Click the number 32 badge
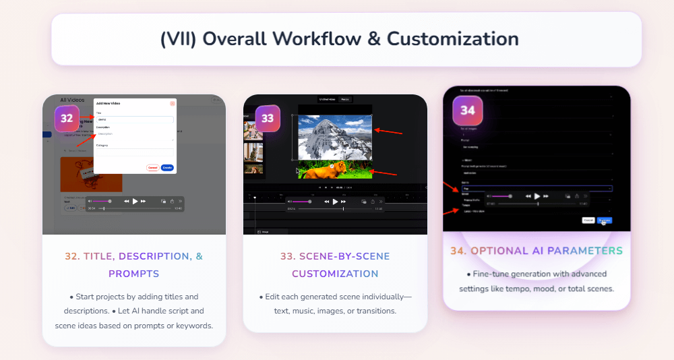pyautogui.click(x=67, y=119)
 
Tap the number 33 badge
pyautogui.click(x=268, y=118)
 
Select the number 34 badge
pyautogui.click(x=468, y=110)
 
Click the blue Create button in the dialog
pyautogui.click(x=167, y=167)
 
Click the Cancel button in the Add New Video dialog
pyautogui.click(x=152, y=167)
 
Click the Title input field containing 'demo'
pyautogui.click(x=135, y=119)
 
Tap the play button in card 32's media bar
pyautogui.click(x=135, y=201)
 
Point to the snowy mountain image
pyautogui.click(x=335, y=137)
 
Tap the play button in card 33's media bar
pyautogui.click(x=335, y=201)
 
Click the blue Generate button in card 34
pyautogui.click(x=605, y=220)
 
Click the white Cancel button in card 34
pyautogui.click(x=588, y=220)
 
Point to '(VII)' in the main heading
pyautogui.click(x=179, y=38)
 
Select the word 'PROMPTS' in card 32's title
pyautogui.click(x=134, y=274)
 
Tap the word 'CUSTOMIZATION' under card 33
pyautogui.click(x=335, y=274)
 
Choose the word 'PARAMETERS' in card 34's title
pyautogui.click(x=585, y=251)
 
